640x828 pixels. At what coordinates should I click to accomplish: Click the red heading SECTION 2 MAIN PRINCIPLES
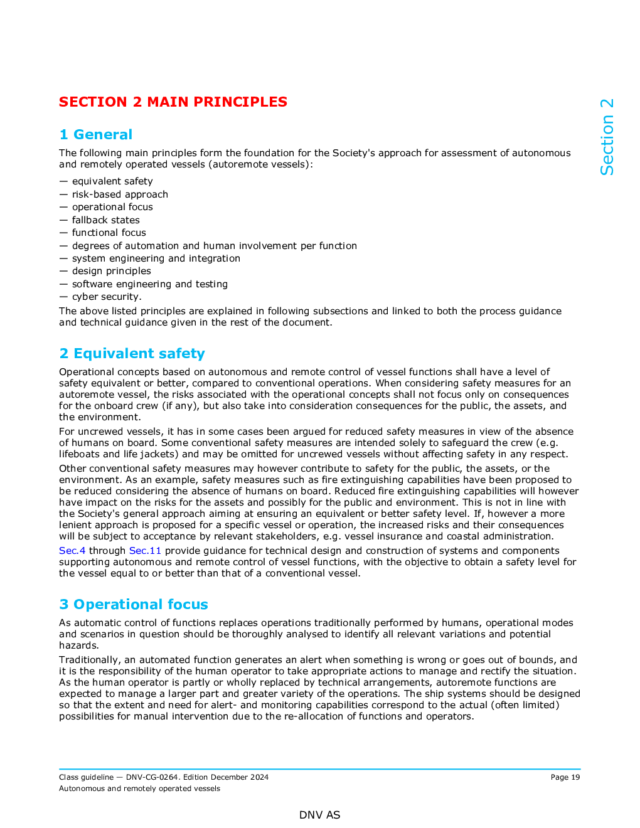coord(173,102)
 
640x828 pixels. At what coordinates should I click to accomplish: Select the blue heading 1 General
coord(96,134)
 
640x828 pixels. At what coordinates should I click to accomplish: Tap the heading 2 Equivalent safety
coord(132,353)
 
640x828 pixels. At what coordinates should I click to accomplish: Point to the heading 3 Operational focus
coord(134,604)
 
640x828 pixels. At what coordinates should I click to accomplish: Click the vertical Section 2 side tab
coord(607,137)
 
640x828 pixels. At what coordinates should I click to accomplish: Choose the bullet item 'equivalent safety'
coord(112,181)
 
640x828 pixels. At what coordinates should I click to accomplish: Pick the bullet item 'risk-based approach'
coord(120,194)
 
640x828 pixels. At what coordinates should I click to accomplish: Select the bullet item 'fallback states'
coord(105,220)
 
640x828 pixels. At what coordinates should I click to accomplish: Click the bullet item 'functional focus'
coord(109,233)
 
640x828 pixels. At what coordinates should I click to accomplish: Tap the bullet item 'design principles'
coord(111,271)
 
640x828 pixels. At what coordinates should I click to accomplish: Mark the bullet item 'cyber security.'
coord(107,297)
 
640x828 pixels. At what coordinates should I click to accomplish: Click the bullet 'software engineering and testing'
coord(149,284)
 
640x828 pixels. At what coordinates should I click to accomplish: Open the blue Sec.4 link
coord(72,551)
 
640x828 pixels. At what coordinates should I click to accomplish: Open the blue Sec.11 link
coord(145,551)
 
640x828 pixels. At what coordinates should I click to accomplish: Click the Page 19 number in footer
coord(565,777)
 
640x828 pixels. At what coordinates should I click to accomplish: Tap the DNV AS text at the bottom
coord(319,815)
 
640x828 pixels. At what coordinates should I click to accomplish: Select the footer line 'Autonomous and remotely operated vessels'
coord(139,788)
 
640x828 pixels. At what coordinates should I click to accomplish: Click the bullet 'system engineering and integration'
coord(156,258)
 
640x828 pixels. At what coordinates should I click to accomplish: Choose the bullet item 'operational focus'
coord(112,207)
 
